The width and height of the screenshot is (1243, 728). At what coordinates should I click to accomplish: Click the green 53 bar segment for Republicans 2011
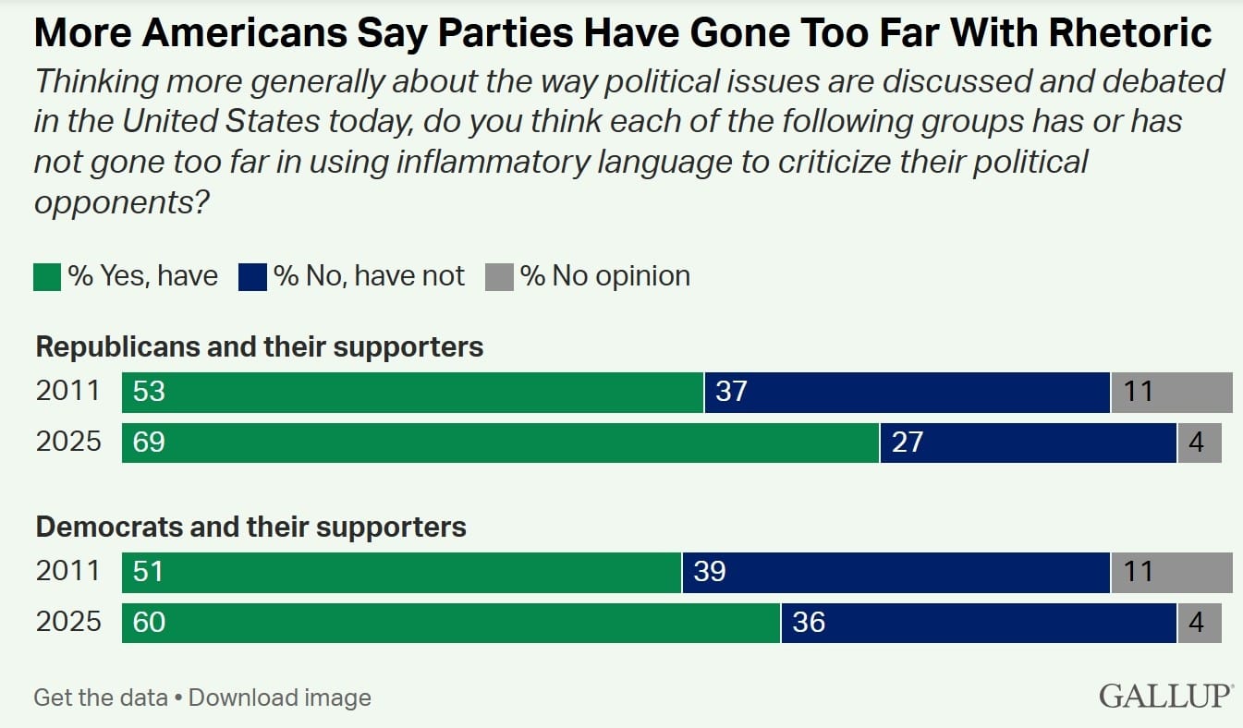tap(412, 392)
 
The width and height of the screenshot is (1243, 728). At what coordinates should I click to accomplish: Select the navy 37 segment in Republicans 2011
tap(907, 392)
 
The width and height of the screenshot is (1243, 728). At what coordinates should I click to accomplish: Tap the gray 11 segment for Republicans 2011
tap(1171, 392)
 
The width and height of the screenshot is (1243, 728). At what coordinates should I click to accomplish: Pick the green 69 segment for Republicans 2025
tap(500, 443)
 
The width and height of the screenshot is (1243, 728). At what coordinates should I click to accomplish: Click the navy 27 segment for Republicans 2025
tap(1028, 443)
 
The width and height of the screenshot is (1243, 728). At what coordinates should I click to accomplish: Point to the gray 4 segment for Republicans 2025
tap(1199, 443)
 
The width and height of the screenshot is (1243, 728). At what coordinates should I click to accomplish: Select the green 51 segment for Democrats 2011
tap(401, 572)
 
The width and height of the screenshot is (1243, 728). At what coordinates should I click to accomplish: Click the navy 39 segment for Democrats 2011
tap(896, 572)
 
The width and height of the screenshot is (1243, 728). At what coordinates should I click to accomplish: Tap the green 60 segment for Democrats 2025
tap(451, 623)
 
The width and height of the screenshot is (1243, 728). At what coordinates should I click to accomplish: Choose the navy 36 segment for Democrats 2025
tap(979, 623)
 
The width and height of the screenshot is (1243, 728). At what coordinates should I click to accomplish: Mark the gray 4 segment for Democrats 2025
tap(1199, 623)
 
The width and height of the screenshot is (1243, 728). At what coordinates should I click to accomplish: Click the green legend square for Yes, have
tap(47, 276)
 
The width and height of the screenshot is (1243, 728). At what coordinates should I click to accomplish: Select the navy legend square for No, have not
tap(252, 276)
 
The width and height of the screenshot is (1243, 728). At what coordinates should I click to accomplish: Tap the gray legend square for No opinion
tap(499, 276)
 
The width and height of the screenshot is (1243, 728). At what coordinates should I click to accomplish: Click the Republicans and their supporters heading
tap(259, 346)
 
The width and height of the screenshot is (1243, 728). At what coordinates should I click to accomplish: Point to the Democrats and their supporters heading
tap(250, 527)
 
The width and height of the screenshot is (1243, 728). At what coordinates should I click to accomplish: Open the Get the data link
tap(101, 698)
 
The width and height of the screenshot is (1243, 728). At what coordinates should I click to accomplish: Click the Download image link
tap(280, 698)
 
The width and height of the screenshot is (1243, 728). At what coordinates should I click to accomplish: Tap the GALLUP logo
tap(1166, 696)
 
